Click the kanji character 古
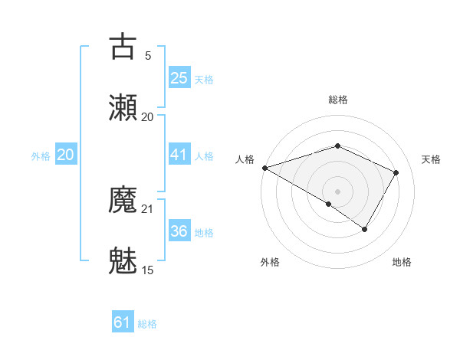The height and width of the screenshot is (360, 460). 123,47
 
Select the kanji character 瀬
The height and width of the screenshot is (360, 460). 123,107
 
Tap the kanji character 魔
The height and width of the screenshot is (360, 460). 123,200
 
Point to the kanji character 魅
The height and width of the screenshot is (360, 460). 123,260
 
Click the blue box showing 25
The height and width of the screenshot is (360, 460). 179,78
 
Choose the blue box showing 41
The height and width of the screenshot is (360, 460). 179,155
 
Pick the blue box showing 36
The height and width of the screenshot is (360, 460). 179,231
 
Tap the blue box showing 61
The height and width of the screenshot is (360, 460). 123,322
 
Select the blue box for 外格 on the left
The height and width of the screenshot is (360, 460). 65,155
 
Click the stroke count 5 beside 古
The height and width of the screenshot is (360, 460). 148,55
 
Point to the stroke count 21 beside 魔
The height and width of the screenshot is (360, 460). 148,208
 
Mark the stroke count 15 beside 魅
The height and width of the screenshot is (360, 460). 148,270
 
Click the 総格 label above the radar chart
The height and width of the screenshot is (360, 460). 337,100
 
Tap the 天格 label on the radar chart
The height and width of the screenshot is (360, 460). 431,159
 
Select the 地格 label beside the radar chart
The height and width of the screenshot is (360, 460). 402,262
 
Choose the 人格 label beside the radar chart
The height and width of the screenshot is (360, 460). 245,159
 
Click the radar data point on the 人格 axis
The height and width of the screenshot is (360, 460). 264,168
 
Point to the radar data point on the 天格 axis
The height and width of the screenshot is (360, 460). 396,172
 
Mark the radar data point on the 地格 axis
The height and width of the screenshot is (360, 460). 365,229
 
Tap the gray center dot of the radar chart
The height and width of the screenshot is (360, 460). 337,191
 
